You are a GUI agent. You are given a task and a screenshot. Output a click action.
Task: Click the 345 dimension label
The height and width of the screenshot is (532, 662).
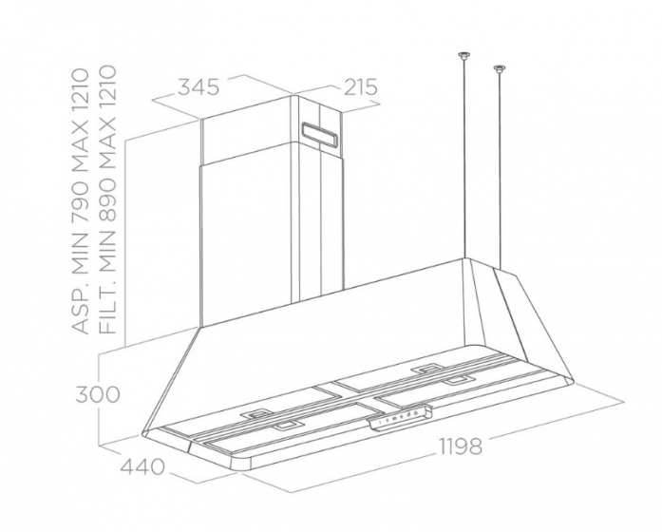pyautogui.click(x=198, y=87)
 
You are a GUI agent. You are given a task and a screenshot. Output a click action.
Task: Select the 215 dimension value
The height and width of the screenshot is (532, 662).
pyautogui.click(x=360, y=87)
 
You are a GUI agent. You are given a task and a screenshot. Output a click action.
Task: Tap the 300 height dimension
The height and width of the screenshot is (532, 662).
pyautogui.click(x=98, y=394)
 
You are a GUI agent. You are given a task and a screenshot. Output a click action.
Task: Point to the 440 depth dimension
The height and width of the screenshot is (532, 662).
pyautogui.click(x=142, y=466)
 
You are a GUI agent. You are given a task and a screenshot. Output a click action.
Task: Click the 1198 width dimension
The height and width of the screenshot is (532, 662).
pyautogui.click(x=461, y=446)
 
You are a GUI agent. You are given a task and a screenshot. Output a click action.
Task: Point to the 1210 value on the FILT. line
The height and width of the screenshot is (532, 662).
pyautogui.click(x=106, y=87)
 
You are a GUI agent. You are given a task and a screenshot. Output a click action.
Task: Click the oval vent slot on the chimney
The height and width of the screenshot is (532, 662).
pyautogui.click(x=319, y=135)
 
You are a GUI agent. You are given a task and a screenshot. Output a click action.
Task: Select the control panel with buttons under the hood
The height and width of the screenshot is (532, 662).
pyautogui.click(x=401, y=418)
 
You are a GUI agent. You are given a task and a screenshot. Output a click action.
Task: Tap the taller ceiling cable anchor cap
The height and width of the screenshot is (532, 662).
pyautogui.click(x=464, y=55)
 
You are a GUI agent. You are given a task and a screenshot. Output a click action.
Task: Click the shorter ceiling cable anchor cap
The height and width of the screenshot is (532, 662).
pyautogui.click(x=500, y=68)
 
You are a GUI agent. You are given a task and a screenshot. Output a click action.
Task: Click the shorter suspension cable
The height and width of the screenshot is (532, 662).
pyautogui.click(x=500, y=170)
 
